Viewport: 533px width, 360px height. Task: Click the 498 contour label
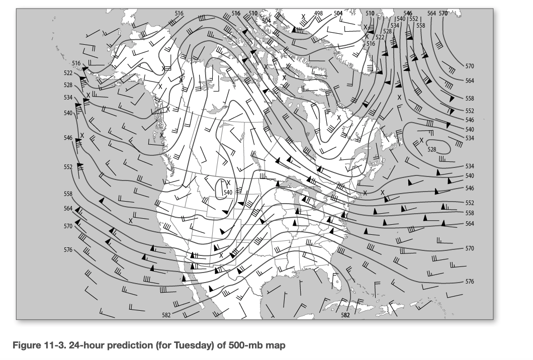[x=318, y=13]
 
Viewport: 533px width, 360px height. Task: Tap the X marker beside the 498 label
[x=303, y=17]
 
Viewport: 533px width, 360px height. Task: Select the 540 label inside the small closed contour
[x=228, y=192]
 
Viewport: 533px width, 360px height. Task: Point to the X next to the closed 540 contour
[x=228, y=183]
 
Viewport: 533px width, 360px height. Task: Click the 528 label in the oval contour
[x=432, y=149]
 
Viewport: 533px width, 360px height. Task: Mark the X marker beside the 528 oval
[x=422, y=140]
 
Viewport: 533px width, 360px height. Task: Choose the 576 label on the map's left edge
[x=68, y=249]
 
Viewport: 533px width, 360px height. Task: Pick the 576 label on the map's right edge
[x=470, y=282]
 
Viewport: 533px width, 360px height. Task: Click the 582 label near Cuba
[x=345, y=315]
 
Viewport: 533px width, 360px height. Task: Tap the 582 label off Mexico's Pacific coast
[x=166, y=315]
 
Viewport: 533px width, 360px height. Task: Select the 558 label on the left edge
[x=68, y=194]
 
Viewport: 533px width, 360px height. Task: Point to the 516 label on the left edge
[x=76, y=63]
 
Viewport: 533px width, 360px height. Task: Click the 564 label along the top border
[x=432, y=13]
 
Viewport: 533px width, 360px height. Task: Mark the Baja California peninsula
[x=194, y=282]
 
